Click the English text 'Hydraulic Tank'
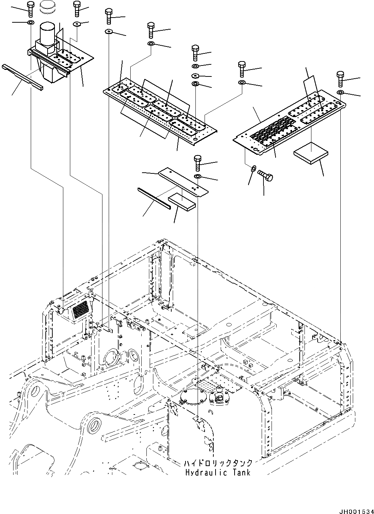click(218, 472)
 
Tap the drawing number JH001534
click(355, 508)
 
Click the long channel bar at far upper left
click(22, 77)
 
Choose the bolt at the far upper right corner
click(340, 79)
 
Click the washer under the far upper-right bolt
click(341, 91)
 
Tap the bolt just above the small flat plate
click(198, 162)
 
